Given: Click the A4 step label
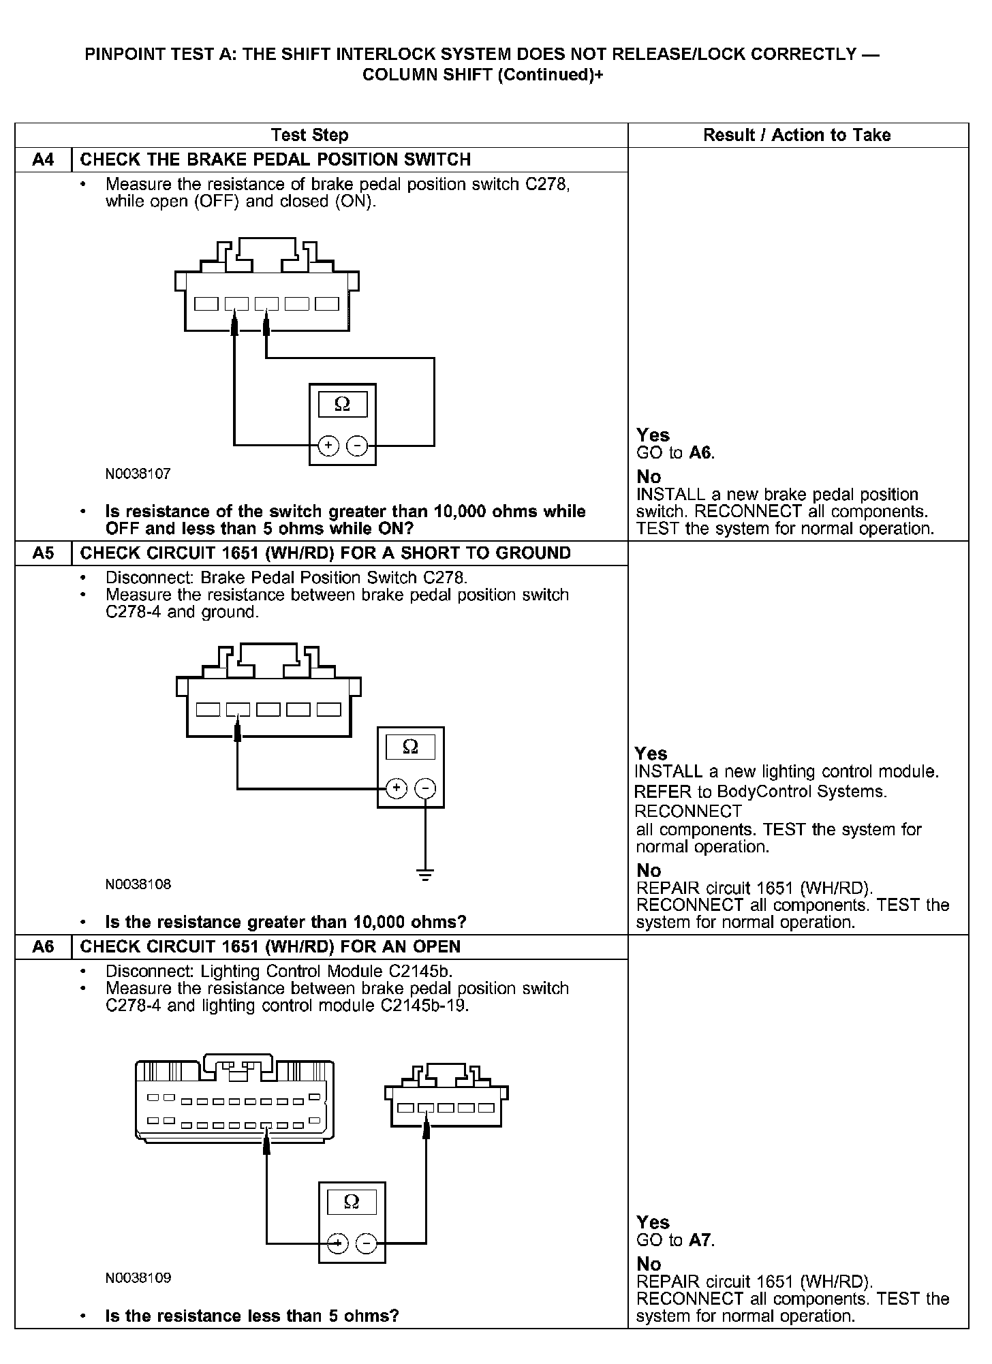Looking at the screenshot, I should (43, 160).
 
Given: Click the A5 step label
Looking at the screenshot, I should (43, 553).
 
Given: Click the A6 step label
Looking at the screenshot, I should (43, 947).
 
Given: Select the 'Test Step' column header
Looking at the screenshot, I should (309, 135).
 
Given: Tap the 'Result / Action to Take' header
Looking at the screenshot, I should (796, 135).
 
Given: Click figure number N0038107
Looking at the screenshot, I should (138, 474).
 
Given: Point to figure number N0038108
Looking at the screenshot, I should (138, 884).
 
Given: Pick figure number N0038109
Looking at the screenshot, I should (138, 1278).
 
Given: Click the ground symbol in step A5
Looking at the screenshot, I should (424, 875).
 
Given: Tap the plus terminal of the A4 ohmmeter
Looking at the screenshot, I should (328, 446).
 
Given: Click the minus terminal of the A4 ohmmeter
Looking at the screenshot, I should (357, 446).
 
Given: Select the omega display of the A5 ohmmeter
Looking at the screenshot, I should (410, 747).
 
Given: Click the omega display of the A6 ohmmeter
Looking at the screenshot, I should (352, 1201).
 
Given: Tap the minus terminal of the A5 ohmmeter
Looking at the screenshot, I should (425, 789).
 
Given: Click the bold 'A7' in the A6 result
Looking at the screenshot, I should (701, 1240).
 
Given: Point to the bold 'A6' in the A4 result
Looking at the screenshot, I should (701, 453).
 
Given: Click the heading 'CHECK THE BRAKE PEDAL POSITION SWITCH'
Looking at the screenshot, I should (275, 160).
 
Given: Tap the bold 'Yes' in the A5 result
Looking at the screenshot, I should (651, 754).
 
